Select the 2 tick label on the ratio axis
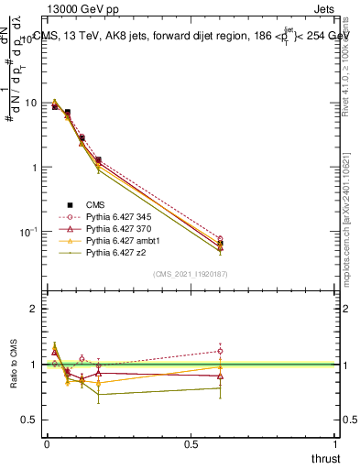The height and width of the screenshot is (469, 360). [x=35, y=309]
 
